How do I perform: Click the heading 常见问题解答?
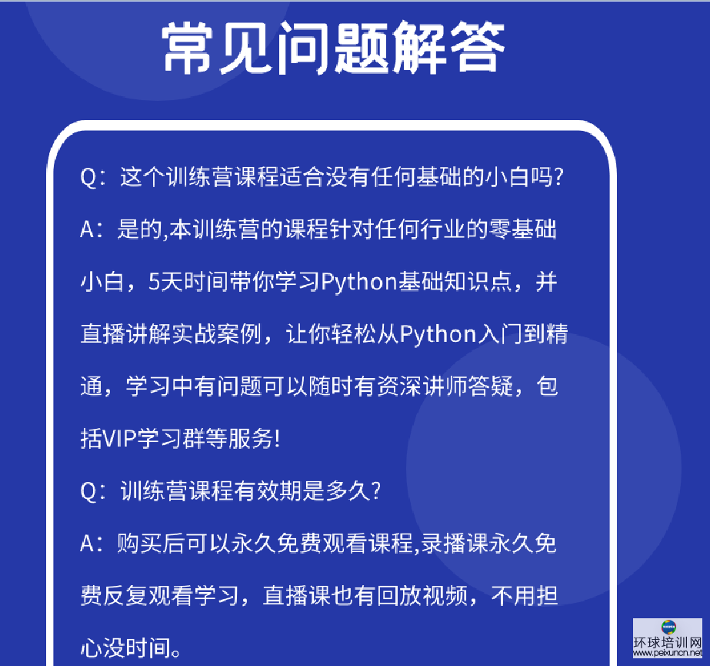point(333,48)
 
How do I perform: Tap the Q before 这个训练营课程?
point(88,177)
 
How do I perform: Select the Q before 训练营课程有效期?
point(88,491)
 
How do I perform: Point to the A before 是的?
point(88,229)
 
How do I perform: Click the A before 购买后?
point(88,543)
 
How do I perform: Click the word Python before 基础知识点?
point(359,283)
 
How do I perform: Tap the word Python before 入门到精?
point(438,335)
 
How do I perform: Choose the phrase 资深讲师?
point(422,387)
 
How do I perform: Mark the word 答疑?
point(491,387)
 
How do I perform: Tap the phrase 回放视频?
point(422,595)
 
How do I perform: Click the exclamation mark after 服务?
point(278,439)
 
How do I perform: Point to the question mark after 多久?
point(376,491)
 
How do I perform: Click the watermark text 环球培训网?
point(668,642)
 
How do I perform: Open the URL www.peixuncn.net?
point(668,653)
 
